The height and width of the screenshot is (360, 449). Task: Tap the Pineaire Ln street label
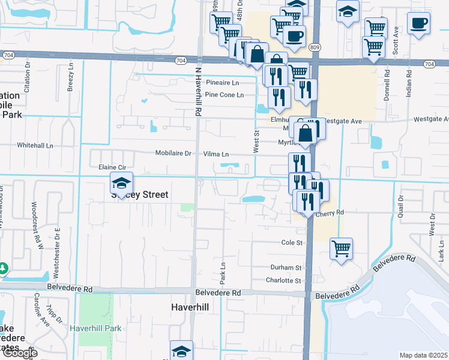(222, 82)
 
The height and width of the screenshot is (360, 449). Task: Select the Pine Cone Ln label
(224, 95)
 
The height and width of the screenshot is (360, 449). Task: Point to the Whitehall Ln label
(35, 145)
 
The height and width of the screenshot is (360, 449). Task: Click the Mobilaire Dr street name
(173, 153)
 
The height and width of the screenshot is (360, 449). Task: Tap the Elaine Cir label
(107, 168)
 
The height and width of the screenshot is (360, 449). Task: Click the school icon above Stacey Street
(122, 184)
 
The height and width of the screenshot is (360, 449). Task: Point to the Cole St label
(292, 242)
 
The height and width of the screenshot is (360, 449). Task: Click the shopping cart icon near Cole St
(341, 248)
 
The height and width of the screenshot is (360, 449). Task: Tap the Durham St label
(286, 268)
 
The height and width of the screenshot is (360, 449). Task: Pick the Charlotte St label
(283, 280)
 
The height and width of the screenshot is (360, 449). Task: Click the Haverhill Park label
(96, 328)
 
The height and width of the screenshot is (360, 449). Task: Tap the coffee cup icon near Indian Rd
(418, 24)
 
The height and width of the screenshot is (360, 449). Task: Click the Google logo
(20, 353)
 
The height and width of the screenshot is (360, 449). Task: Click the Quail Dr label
(400, 193)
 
